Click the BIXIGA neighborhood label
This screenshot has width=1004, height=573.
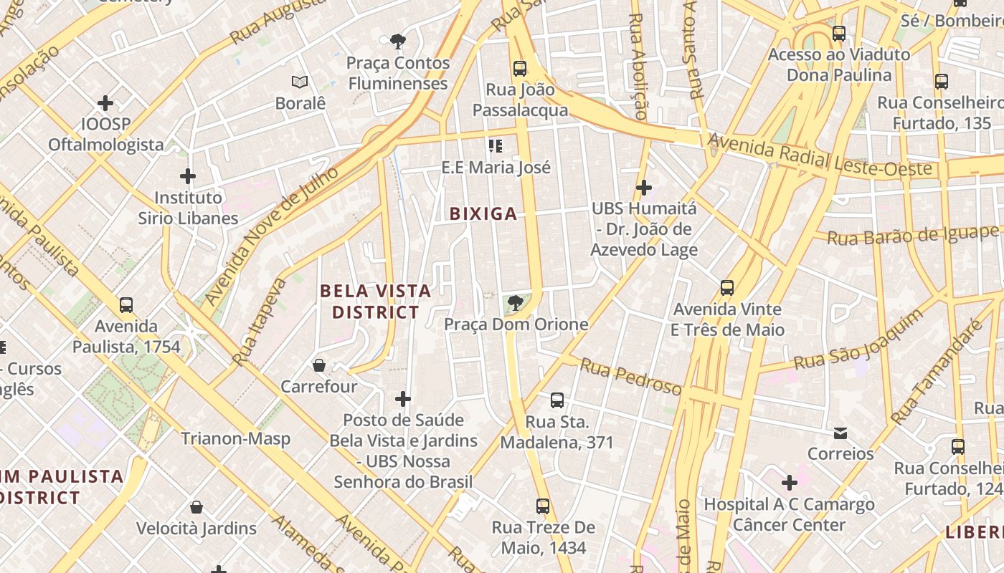pos(483,213)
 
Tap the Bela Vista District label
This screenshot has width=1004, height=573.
pos(375,302)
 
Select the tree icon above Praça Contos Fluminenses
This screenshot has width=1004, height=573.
pos(398,42)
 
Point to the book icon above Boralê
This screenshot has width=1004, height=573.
pos(300,82)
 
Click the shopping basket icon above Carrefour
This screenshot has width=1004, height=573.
pos(319,365)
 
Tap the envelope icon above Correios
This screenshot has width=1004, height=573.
pos(840,433)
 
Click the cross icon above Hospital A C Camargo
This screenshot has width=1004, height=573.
pos(789,482)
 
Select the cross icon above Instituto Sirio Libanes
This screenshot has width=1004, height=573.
pos(188,175)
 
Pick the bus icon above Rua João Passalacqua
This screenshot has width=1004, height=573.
pos(520,69)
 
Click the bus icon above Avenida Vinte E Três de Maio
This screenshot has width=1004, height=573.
pos(727,288)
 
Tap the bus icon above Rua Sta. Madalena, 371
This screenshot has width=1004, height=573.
pos(557,400)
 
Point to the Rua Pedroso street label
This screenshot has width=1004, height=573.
pos(630,377)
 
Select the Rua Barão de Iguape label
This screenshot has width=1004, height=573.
pos(913,235)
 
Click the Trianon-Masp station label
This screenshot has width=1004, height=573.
pos(235,438)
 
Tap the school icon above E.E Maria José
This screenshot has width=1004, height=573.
pos(495,146)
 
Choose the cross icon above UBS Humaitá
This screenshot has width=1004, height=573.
pos(644,188)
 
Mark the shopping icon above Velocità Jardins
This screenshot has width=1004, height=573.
pos(196,507)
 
